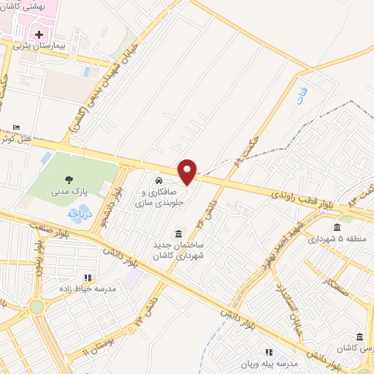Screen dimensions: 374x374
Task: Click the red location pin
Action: pyautogui.click(x=187, y=172)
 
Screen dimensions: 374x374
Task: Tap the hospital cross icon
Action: pyautogui.click(x=38, y=34)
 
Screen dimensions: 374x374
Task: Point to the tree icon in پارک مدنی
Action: pyautogui.click(x=69, y=180)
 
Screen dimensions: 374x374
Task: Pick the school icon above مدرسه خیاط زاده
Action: pyautogui.click(x=88, y=278)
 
